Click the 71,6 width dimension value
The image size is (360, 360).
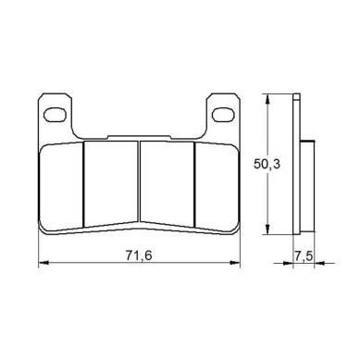tap(139, 255)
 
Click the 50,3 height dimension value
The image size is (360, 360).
tap(267, 164)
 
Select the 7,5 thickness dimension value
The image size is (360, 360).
tap(304, 255)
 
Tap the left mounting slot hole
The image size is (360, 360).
tap(56, 115)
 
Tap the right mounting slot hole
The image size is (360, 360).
tap(223, 115)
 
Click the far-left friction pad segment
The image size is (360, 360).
tap(61, 186)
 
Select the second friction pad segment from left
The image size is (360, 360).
tap(111, 183)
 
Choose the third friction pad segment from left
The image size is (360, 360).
tap(168, 183)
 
